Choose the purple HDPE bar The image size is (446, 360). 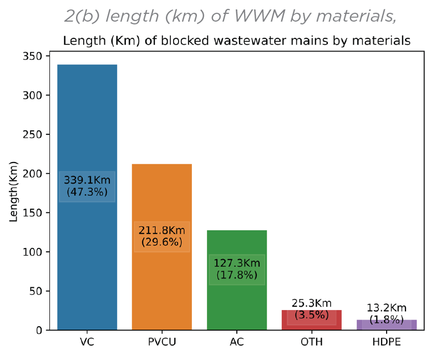pyautogui.click(x=387, y=326)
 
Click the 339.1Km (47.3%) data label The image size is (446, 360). pyautogui.click(x=87, y=186)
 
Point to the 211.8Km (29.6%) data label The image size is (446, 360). pyautogui.click(x=161, y=236)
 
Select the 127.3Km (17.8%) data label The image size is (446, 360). pyautogui.click(x=237, y=269)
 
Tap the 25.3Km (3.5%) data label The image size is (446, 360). pyautogui.click(x=311, y=309)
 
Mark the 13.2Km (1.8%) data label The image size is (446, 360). pyautogui.click(x=387, y=313)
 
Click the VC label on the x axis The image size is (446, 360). pyautogui.click(x=87, y=342)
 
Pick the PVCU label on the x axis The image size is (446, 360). pyautogui.click(x=161, y=342)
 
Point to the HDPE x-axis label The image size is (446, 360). pyautogui.click(x=387, y=342)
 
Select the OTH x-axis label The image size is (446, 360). pyautogui.click(x=311, y=342)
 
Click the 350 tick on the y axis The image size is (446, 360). pyautogui.click(x=34, y=56)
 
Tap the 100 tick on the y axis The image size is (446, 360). pyautogui.click(x=34, y=252)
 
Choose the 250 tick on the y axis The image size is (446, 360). pyautogui.click(x=34, y=134)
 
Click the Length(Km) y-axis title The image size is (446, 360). pyautogui.click(x=14, y=191)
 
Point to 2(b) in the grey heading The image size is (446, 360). pyautogui.click(x=80, y=17)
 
